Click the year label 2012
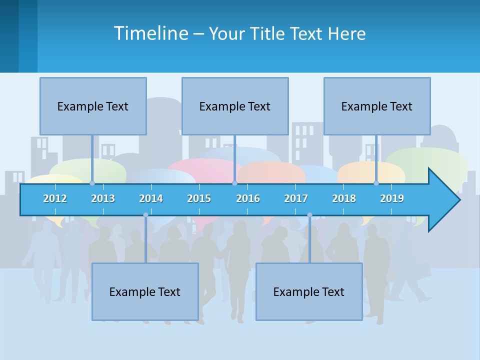point(55,198)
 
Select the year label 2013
point(103,198)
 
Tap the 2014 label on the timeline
point(151,198)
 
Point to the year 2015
point(199,198)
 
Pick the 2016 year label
point(248,198)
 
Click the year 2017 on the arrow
point(296,198)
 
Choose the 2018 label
point(344,198)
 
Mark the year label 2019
point(392,198)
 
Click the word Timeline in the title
point(150,33)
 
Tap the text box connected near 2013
point(93,106)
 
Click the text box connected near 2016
point(235,106)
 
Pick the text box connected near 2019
point(377,106)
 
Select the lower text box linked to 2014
point(145,291)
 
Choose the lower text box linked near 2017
point(309,291)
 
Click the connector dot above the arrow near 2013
point(92,183)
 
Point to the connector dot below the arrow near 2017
point(309,215)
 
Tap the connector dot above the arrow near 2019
point(376,183)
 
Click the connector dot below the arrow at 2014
point(145,215)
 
